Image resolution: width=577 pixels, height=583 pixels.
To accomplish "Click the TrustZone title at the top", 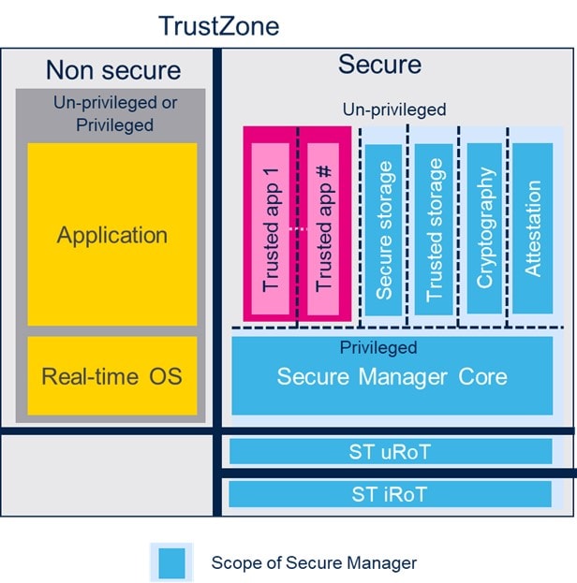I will tap(218, 25).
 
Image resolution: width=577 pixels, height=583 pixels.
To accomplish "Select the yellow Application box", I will tap(112, 234).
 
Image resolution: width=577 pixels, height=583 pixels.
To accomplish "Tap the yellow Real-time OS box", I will tap(112, 376).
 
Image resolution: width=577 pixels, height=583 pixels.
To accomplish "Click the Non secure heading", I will tap(112, 70).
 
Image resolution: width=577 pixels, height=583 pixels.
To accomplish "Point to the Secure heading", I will tap(379, 64).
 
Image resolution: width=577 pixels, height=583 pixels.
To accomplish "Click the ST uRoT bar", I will tap(391, 452).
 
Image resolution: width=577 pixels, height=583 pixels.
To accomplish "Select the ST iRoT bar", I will tap(391, 493).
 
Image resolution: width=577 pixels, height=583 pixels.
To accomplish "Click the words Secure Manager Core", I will tap(392, 377).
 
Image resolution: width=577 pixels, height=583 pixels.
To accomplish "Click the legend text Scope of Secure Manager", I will tap(314, 562).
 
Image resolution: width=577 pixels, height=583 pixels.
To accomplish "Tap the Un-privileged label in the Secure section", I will tap(393, 110).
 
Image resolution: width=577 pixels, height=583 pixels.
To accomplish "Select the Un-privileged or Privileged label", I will tap(112, 112).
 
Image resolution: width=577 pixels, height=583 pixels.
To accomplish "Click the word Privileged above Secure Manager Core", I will tap(392, 348).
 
